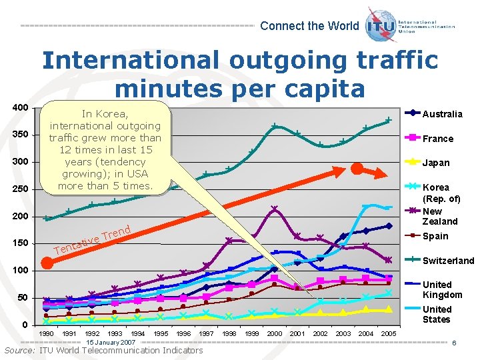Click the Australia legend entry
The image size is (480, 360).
(x=442, y=114)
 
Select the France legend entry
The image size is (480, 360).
(x=437, y=139)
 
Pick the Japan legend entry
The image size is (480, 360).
(x=436, y=163)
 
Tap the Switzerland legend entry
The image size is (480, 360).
(x=447, y=261)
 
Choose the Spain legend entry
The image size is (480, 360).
(x=435, y=236)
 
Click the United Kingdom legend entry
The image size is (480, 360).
(x=441, y=289)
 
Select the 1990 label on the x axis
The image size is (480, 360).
(x=47, y=333)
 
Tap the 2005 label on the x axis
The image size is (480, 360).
(x=389, y=333)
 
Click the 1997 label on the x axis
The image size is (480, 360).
(x=206, y=333)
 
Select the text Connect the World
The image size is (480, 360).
(x=309, y=26)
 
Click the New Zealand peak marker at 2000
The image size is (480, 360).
(x=275, y=209)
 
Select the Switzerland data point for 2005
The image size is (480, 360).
(x=389, y=120)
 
